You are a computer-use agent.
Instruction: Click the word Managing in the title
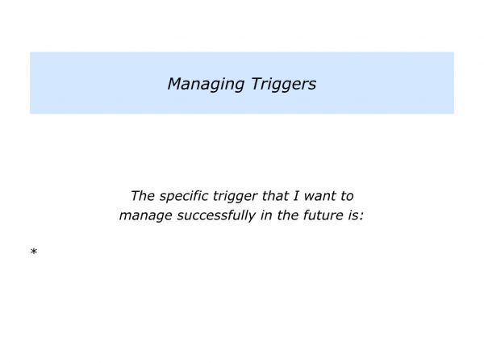point(202,84)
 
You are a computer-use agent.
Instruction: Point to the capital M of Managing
point(175,83)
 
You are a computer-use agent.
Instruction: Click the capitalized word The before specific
point(143,196)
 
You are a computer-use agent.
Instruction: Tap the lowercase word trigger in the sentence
point(240,197)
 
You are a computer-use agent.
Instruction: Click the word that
point(282,196)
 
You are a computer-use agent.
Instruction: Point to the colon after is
point(362,217)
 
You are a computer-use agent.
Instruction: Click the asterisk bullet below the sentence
point(34,252)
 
